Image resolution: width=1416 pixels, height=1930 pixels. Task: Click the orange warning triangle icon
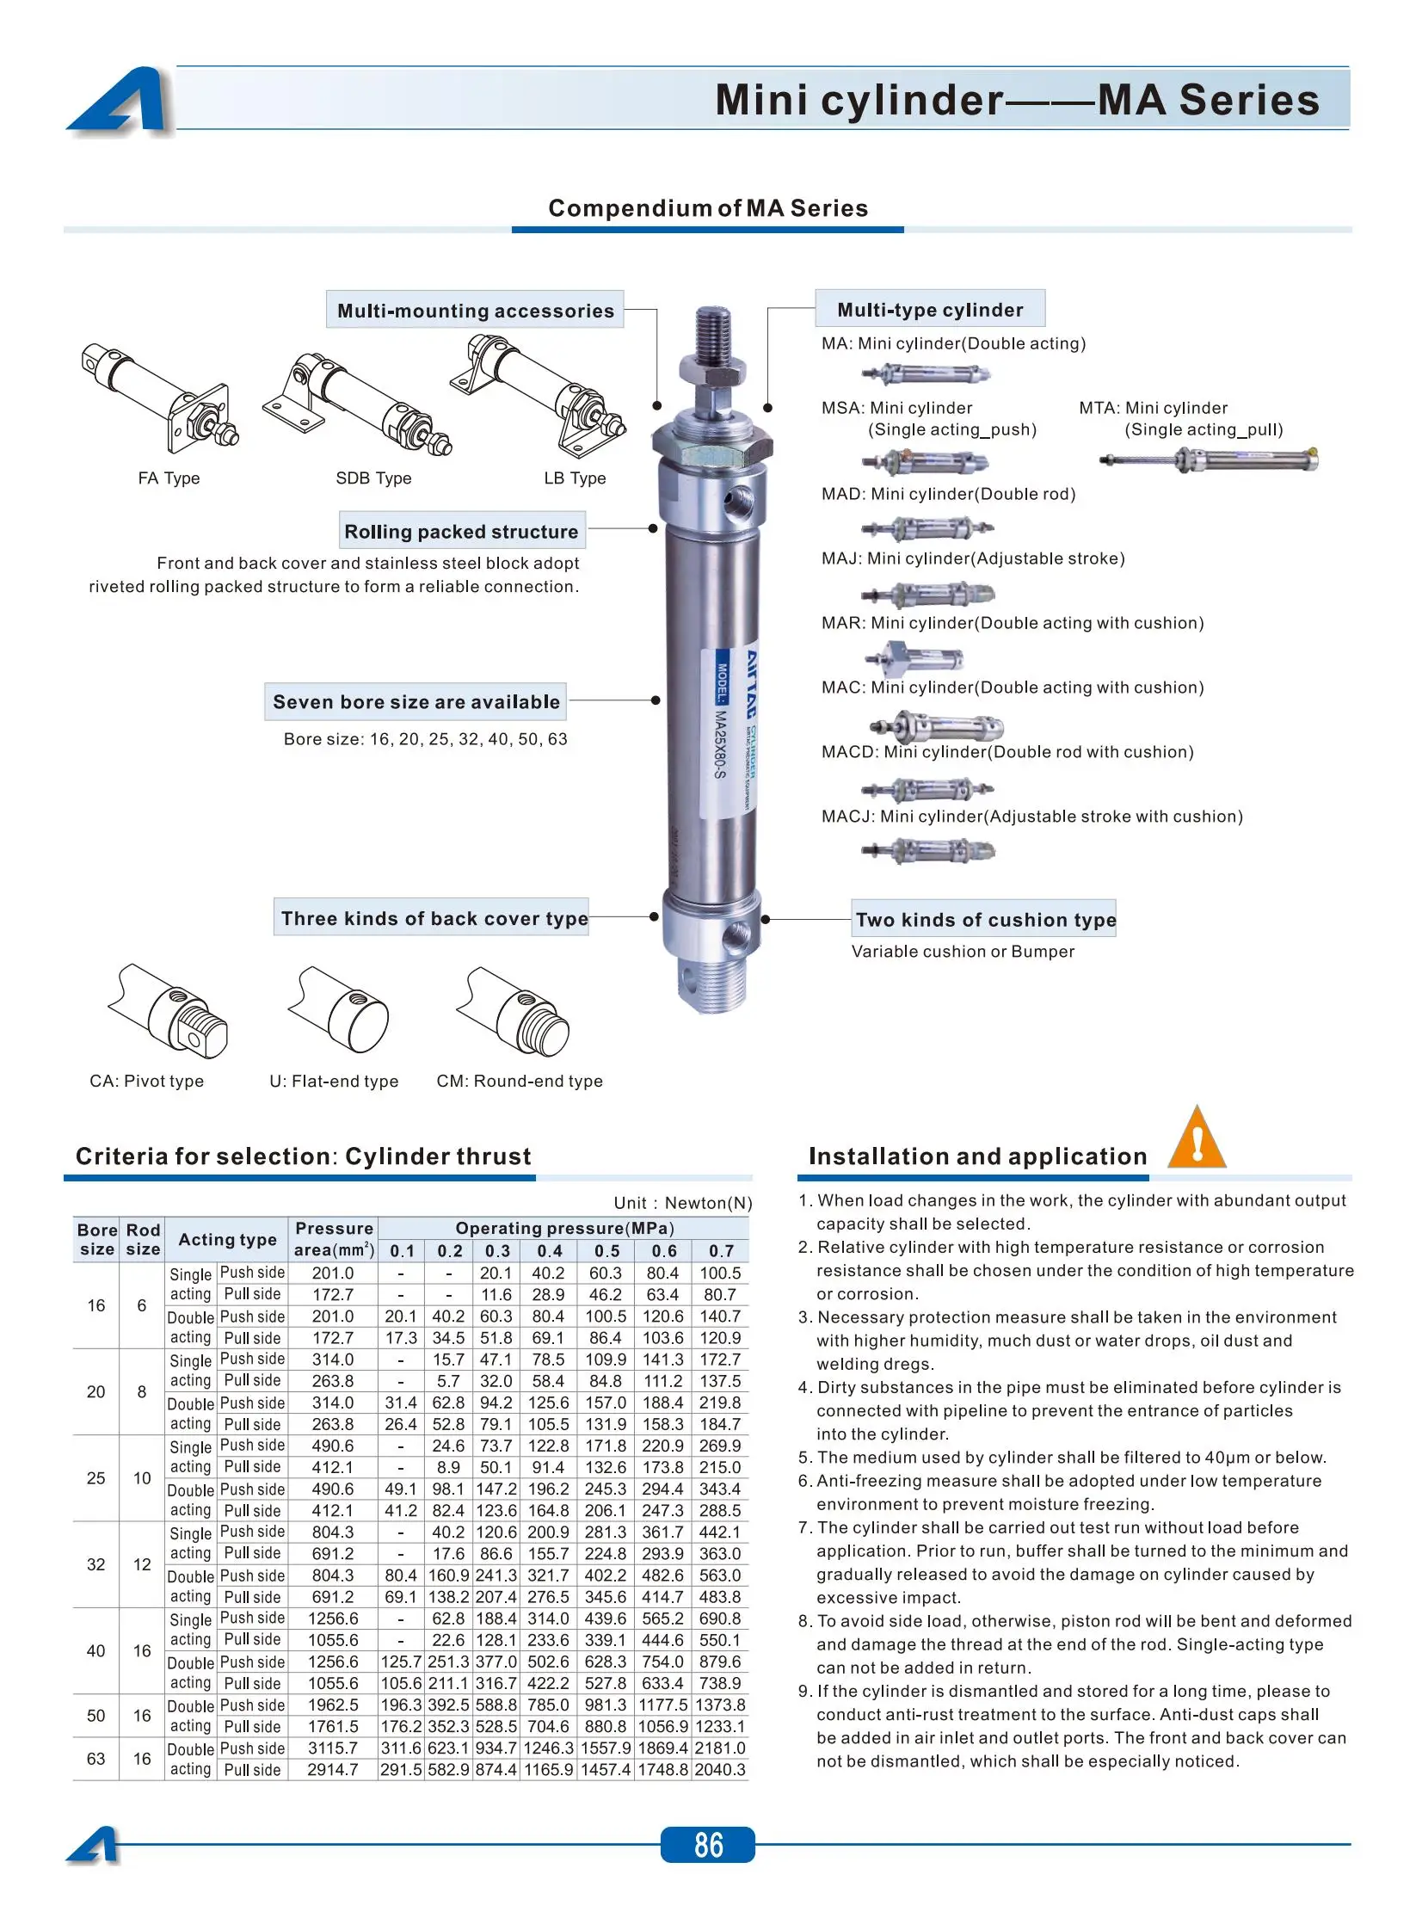point(1197,1139)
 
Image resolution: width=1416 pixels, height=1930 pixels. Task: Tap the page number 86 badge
point(707,1845)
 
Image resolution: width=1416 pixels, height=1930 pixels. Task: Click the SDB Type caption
point(373,478)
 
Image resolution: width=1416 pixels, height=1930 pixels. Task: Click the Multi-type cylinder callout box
point(930,310)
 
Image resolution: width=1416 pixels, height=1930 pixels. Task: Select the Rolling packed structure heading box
point(461,532)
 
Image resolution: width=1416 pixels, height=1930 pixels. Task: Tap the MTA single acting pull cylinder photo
point(1209,460)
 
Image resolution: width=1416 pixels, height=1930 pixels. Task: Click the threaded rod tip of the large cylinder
point(714,332)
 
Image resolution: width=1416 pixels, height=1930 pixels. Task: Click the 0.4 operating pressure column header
point(549,1251)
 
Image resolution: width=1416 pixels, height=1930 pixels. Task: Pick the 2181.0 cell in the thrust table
point(720,1748)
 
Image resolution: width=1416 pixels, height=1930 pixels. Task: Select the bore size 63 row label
point(96,1759)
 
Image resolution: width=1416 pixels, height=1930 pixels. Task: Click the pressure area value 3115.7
point(333,1748)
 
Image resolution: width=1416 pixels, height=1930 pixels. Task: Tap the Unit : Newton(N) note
point(682,1203)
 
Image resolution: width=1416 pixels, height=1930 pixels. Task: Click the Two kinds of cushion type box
point(985,920)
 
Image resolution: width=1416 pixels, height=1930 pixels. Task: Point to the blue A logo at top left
point(119,100)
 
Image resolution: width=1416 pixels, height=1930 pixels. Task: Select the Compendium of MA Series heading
point(708,208)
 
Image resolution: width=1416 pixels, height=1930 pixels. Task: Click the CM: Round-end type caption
point(520,1082)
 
